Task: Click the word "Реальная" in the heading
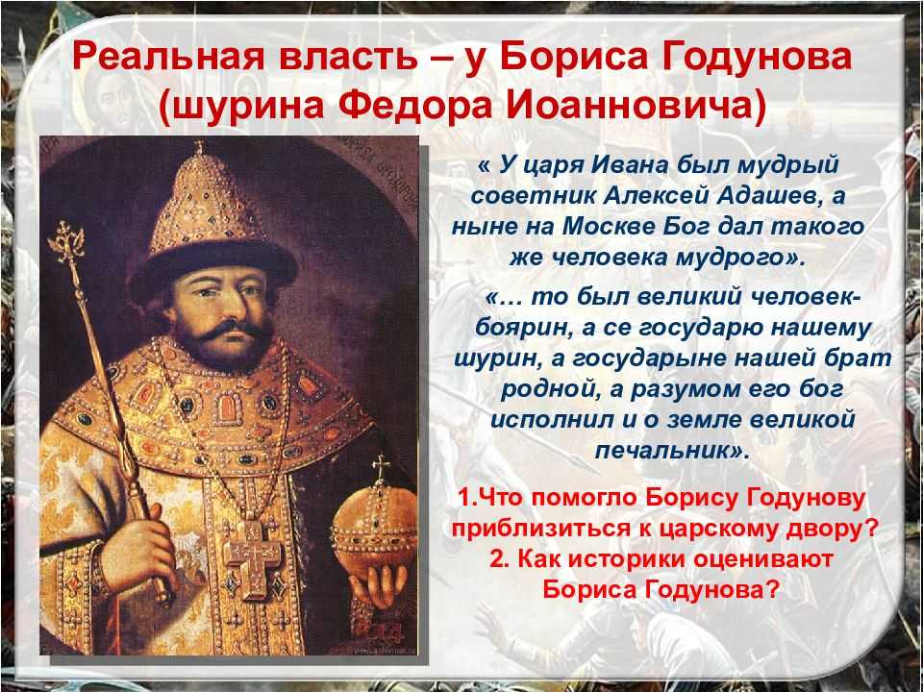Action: coord(167,58)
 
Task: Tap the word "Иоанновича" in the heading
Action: coord(636,107)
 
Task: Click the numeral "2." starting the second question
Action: coord(499,559)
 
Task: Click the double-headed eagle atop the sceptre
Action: coord(67,241)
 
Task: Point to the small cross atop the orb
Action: coord(381,469)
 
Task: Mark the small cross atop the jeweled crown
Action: coord(199,148)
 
